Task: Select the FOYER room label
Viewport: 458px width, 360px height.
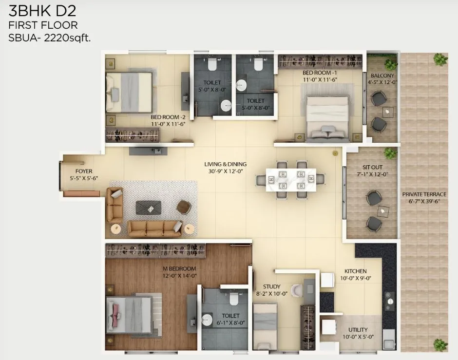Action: pos(84,171)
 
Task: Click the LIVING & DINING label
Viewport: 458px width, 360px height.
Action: pos(225,164)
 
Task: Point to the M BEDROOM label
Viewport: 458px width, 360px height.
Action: pos(179,269)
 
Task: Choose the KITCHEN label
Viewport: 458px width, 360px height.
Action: pos(355,271)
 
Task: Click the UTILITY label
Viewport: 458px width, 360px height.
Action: pos(358,330)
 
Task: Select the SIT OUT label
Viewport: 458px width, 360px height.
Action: pos(372,167)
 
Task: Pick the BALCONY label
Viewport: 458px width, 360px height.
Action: pos(382,76)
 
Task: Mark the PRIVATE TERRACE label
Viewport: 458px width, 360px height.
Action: pos(424,194)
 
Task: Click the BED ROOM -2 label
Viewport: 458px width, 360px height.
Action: pos(169,117)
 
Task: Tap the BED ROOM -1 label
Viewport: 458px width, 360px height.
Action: pos(320,72)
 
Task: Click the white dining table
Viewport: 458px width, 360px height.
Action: pos(290,179)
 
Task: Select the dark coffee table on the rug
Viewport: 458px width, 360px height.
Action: pos(149,207)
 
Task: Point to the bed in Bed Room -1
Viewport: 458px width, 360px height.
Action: pos(327,117)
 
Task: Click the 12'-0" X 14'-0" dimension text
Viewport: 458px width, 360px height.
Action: pos(179,276)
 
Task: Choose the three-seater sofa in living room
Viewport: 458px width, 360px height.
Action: pos(154,227)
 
